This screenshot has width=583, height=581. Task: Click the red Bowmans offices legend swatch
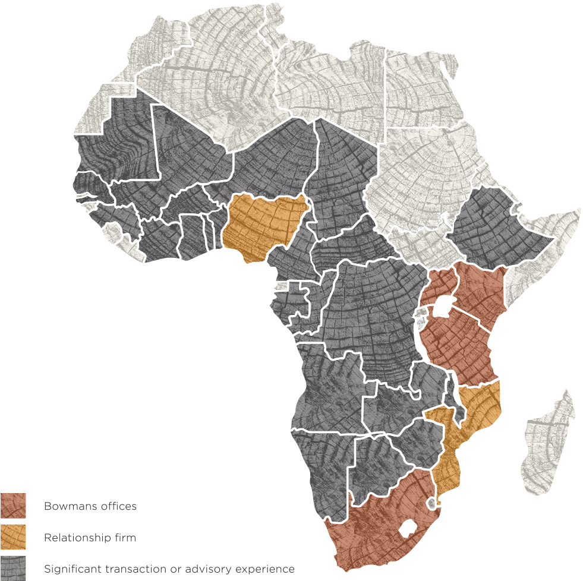13,506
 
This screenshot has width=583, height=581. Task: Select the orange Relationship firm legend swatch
13,538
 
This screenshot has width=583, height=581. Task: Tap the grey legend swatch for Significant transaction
13,568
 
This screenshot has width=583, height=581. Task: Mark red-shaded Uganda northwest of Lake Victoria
439,285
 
